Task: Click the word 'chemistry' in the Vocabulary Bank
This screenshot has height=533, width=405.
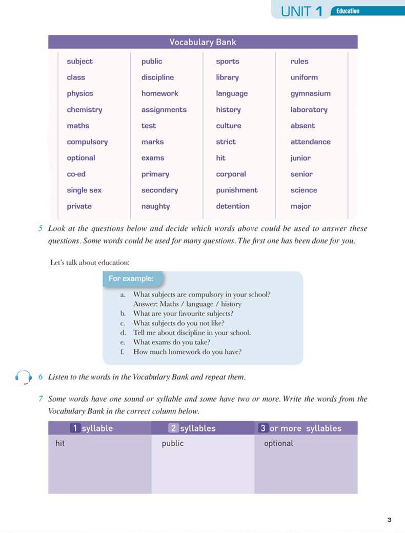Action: pos(85,110)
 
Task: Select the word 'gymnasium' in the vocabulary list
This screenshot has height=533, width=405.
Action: pos(310,94)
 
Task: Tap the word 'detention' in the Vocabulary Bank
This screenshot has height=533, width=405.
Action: pos(233,206)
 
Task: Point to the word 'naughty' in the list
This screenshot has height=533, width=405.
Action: pos(155,206)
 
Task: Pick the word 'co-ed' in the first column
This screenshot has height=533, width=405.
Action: pos(76,174)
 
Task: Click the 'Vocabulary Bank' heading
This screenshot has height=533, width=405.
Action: pos(202,42)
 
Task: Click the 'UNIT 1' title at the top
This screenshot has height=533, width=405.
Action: pos(301,12)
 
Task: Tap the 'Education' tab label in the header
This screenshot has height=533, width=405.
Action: pos(348,11)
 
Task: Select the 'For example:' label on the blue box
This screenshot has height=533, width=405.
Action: pos(131,279)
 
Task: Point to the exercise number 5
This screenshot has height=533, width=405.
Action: pos(40,228)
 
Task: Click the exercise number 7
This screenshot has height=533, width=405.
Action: pos(40,399)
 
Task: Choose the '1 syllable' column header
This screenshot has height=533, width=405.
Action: pos(92,428)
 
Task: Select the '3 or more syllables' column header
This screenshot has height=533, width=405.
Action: pos(300,428)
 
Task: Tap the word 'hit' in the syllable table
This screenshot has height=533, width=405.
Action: pos(60,443)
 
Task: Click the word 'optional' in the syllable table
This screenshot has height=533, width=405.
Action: pos(278,443)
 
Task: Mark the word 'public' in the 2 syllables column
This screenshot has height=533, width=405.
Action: pos(172,443)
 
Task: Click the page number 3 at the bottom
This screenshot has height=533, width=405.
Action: pos(389,520)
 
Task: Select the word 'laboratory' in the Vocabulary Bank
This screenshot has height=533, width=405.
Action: pos(309,110)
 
